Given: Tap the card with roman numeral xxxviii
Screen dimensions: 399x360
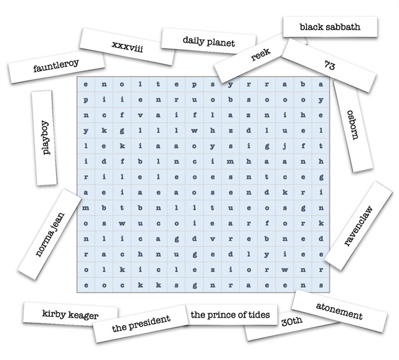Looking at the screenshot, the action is click(x=127, y=47).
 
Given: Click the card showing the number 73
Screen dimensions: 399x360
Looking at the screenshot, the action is click(x=330, y=64).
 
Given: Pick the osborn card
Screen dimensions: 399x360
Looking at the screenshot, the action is click(x=352, y=125).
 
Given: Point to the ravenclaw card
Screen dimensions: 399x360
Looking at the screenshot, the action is click(x=358, y=225).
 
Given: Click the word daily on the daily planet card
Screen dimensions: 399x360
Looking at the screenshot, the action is click(x=195, y=41).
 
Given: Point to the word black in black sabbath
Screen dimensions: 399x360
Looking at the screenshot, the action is click(x=312, y=27).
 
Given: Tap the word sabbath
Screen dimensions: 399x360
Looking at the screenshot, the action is click(x=345, y=27).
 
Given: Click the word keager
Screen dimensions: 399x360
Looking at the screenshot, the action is click(x=84, y=316).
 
